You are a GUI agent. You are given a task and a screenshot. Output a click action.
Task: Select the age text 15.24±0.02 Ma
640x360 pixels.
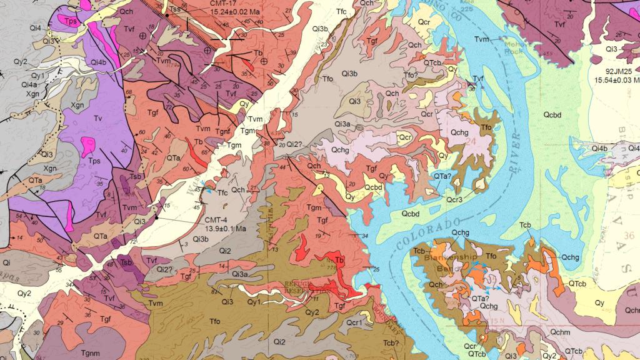coord(227,12)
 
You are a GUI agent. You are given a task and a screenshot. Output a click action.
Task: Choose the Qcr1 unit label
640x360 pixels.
coord(355,322)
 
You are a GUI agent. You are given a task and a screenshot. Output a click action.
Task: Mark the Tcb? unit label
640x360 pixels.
coord(391,342)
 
